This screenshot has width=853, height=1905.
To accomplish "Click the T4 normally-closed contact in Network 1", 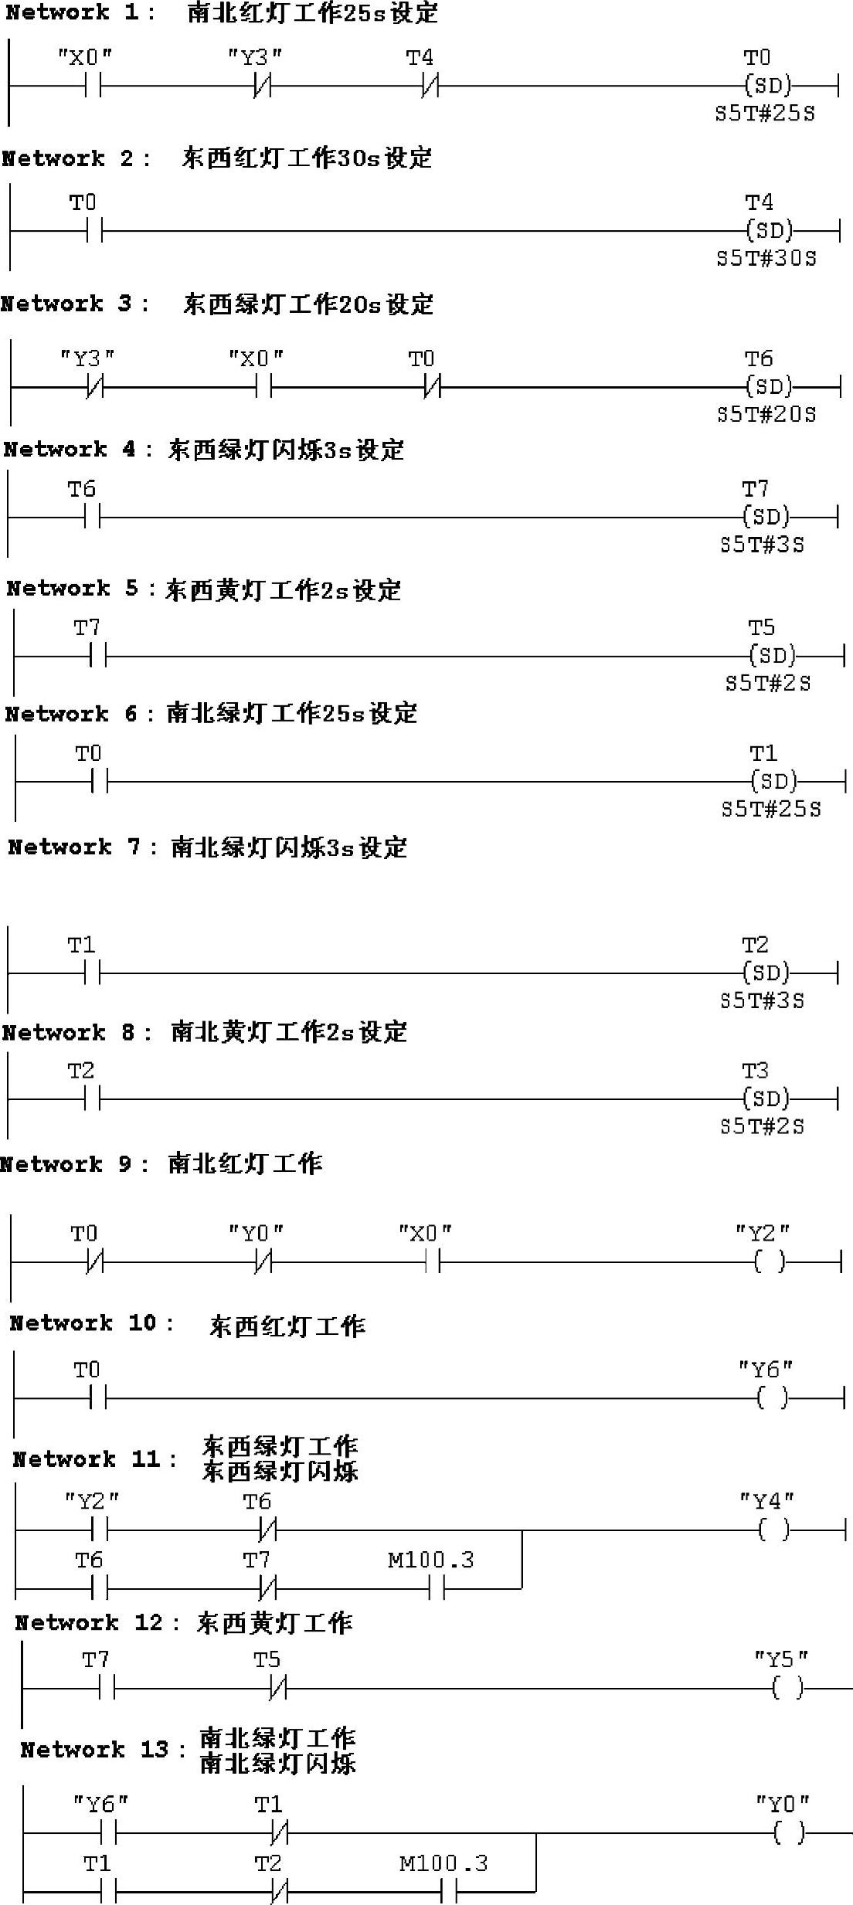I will pos(430,86).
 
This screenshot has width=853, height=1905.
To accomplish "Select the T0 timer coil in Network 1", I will pos(767,85).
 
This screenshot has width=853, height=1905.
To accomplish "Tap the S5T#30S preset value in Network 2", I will pos(766,258).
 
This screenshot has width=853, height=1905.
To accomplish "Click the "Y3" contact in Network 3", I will pos(95,387).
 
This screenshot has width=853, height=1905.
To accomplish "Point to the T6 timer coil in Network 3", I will pos(769,386).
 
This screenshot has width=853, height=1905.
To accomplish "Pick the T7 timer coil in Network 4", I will pos(766,517).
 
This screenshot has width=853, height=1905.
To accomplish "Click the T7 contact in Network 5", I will pos(98,657).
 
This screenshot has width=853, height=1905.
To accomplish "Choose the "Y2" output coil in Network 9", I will pos(769,1262).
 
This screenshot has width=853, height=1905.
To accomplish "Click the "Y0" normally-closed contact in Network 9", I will pos(263,1263).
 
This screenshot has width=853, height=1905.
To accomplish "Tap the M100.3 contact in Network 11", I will pos(437,1588).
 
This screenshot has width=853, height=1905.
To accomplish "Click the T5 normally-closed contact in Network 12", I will pos(278,1689).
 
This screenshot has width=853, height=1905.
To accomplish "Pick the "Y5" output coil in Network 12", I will pos(787,1689).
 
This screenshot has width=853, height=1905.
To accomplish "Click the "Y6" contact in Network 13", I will pos(108,1832).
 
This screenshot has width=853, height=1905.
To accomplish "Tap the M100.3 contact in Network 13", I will pos(449,1892).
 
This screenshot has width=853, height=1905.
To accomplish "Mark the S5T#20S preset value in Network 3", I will pos(766,414).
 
